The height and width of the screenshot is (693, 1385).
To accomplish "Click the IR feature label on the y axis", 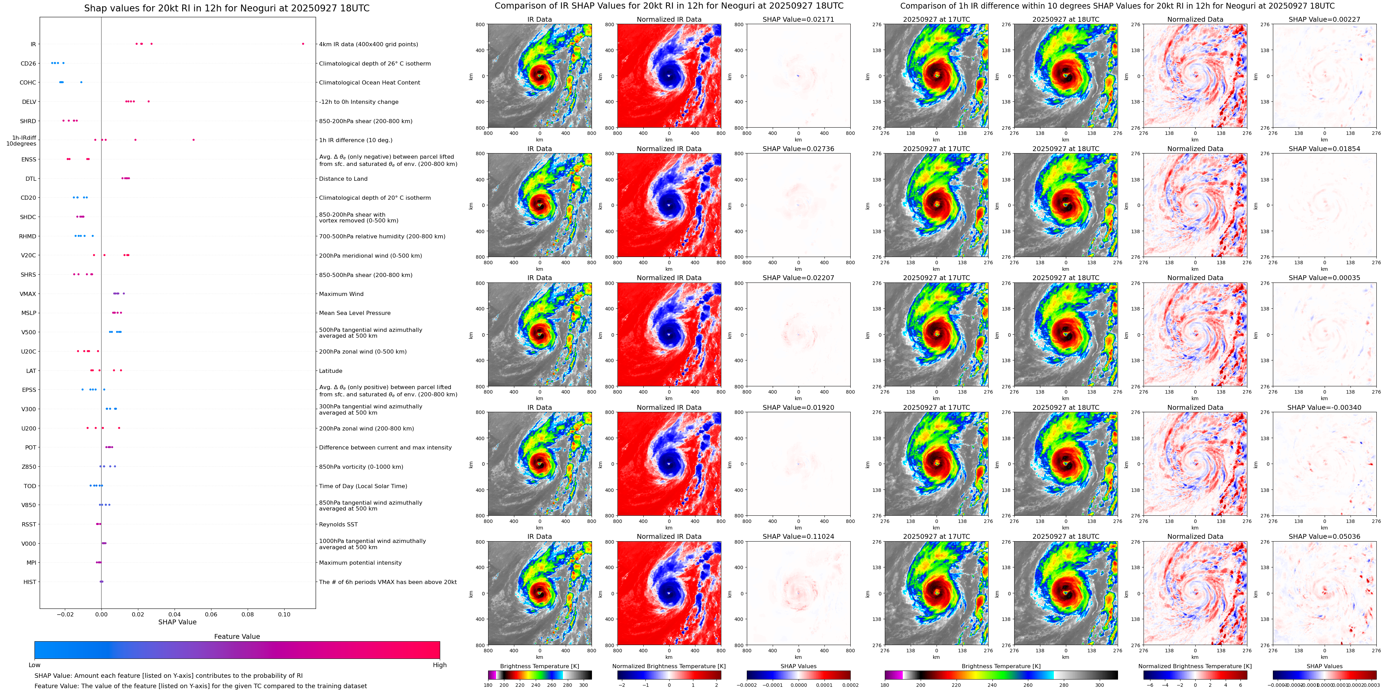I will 33,44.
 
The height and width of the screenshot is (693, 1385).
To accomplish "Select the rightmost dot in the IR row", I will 303,43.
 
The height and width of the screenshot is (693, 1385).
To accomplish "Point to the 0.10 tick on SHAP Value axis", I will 284,614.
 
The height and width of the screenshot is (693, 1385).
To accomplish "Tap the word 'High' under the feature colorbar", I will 439,665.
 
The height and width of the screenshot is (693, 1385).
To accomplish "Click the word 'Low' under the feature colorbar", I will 34,665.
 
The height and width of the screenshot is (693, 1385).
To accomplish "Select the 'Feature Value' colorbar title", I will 237,636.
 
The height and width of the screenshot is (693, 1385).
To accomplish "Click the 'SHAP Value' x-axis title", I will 177,622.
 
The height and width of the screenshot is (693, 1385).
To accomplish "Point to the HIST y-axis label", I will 30,582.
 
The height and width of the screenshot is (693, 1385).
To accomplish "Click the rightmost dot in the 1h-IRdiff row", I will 194,140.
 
